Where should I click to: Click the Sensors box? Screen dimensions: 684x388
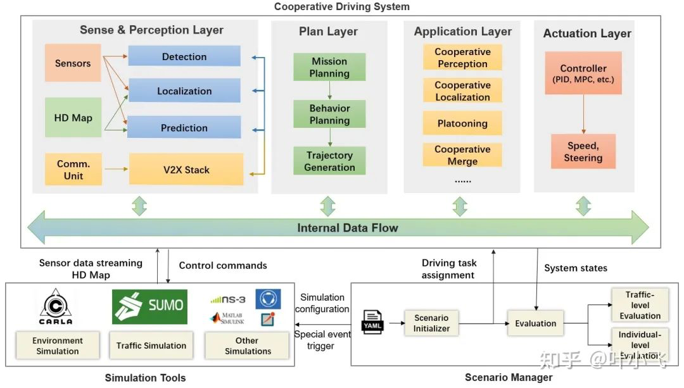[73, 63]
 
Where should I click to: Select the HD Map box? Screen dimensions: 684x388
[73, 117]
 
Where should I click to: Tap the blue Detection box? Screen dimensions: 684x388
[184, 56]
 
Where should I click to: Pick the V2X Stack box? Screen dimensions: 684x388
[186, 169]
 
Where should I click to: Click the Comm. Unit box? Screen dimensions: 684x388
[73, 169]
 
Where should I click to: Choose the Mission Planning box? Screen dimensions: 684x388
[329, 67]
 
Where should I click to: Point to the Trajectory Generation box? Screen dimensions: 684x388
[329, 161]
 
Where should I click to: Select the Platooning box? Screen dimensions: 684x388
[462, 123]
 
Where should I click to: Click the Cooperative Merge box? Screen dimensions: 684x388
[462, 155]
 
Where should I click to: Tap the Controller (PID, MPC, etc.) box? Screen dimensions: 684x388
[583, 73]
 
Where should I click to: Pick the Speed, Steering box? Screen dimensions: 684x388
[583, 151]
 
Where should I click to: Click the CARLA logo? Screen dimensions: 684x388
[56, 306]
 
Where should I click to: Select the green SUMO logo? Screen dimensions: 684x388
[149, 306]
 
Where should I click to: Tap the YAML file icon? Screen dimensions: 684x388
[372, 322]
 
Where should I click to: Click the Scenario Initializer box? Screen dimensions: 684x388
[431, 323]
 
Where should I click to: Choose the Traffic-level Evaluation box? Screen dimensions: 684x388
[640, 304]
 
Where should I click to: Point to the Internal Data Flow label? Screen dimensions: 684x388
[348, 228]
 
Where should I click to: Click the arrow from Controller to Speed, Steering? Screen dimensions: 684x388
[584, 114]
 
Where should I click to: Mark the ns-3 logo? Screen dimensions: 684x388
[228, 300]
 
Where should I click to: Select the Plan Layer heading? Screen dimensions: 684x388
[328, 32]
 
